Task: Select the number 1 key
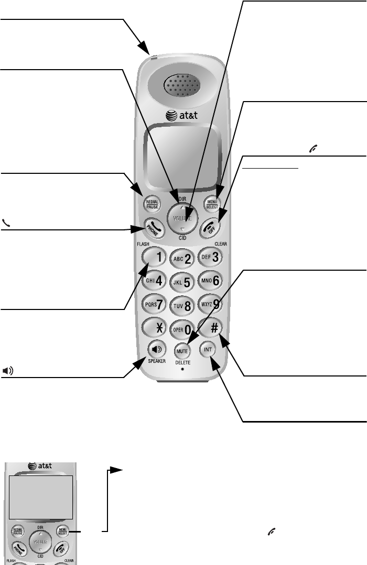pyautogui.click(x=152, y=257)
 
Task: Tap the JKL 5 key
pyautogui.click(x=182, y=281)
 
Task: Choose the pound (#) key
pyautogui.click(x=213, y=326)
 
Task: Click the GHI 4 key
pyautogui.click(x=153, y=281)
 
